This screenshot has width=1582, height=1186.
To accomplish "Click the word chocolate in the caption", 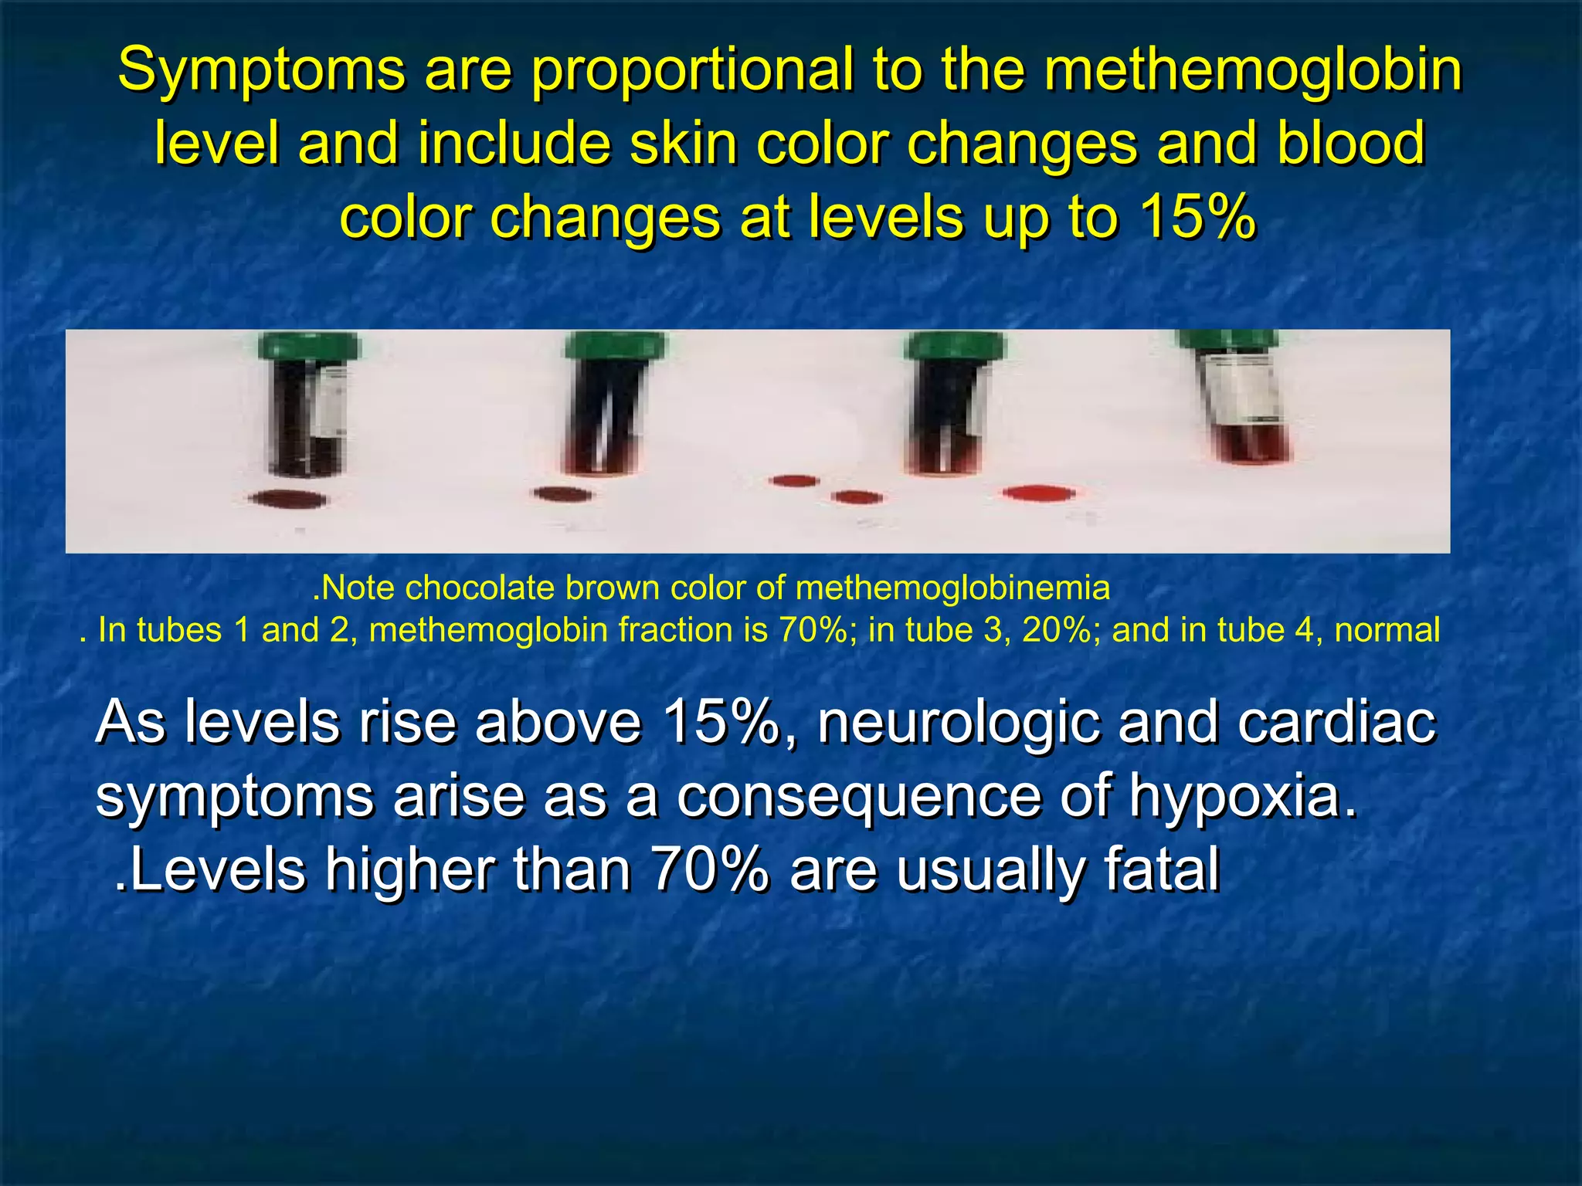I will (x=479, y=588).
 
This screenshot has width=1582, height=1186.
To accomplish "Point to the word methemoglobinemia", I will (x=952, y=588).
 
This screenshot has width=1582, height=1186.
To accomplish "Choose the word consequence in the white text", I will (x=859, y=798).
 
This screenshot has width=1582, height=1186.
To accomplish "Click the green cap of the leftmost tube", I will (x=308, y=346).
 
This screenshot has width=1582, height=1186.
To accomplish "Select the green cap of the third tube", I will (x=955, y=346).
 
